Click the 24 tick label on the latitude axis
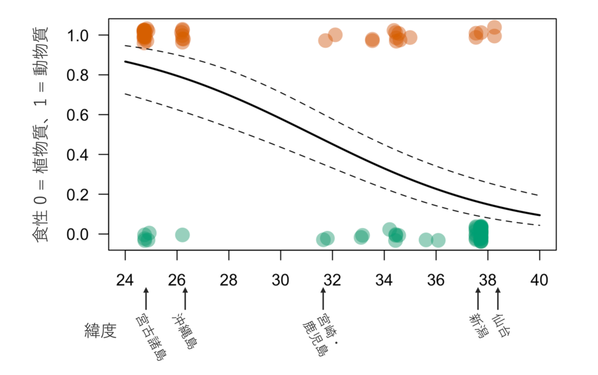pyautogui.click(x=125, y=280)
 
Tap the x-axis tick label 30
pyautogui.click(x=280, y=280)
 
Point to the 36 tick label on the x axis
pyautogui.click(x=436, y=280)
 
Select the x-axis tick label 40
pyautogui.click(x=539, y=280)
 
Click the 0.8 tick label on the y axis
pyautogui.click(x=78, y=75)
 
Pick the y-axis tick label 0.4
pyautogui.click(x=78, y=155)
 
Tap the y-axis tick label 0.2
pyautogui.click(x=78, y=195)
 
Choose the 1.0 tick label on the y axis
pyautogui.click(x=78, y=36)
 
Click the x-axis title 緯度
pyautogui.click(x=100, y=331)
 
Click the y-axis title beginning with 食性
pyautogui.click(x=41, y=134)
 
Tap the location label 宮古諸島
pyautogui.click(x=151, y=337)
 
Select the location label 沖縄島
pyautogui.click(x=186, y=331)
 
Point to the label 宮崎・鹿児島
pyautogui.click(x=321, y=335)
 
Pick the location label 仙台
pyautogui.click(x=500, y=325)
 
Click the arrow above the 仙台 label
pyautogui.click(x=498, y=299)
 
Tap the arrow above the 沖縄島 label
pyautogui.click(x=185, y=299)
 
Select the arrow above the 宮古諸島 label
pyautogui.click(x=145, y=299)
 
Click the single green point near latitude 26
pyautogui.click(x=183, y=235)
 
